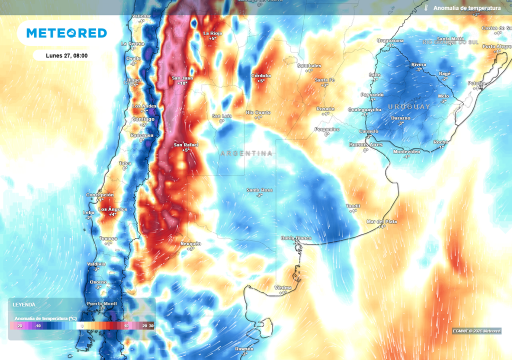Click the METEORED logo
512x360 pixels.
click(66, 33)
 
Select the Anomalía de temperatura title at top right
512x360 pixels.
click(466, 8)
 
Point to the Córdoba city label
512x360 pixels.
click(260, 75)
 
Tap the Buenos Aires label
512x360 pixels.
click(365, 144)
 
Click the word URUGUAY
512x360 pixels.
click(409, 107)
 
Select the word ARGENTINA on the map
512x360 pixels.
click(246, 153)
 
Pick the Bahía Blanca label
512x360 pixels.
click(296, 238)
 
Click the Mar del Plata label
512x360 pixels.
click(382, 221)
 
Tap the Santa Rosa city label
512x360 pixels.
click(259, 190)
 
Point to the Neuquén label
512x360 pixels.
click(190, 243)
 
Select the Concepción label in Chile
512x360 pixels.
click(100, 195)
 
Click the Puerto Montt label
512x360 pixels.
click(102, 303)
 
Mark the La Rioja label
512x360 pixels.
click(212, 33)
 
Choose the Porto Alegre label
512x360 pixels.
click(496, 46)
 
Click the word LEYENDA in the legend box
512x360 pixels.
click(23, 304)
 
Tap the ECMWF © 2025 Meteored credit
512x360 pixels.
click(476, 331)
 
